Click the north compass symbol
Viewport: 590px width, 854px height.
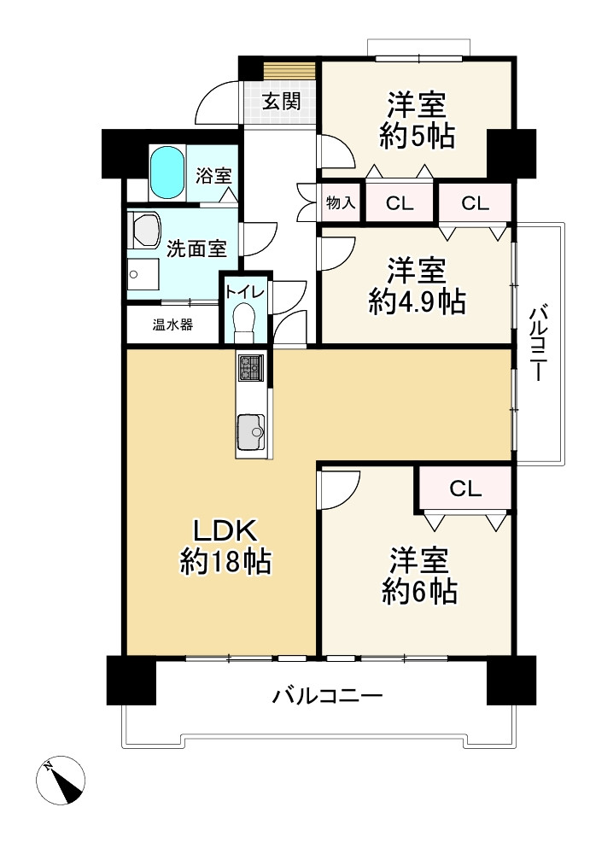[x=61, y=780]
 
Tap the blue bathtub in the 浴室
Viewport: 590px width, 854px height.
[x=167, y=173]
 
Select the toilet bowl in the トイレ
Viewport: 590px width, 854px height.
[x=243, y=320]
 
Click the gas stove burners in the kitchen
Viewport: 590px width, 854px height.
[x=250, y=367]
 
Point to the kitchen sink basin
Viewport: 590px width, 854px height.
[x=250, y=432]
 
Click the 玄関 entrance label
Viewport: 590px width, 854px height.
[x=281, y=102]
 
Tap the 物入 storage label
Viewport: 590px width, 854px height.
[x=341, y=203]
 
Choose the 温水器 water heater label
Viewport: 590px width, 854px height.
[x=172, y=325]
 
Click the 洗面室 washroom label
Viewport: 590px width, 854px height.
[x=196, y=249]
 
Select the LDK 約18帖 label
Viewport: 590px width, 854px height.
[x=225, y=545]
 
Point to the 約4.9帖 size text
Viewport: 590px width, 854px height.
[x=417, y=302]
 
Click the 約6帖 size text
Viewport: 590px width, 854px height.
[x=419, y=592]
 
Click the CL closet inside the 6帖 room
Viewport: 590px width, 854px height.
[x=465, y=488]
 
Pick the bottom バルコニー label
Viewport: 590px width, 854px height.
[x=327, y=696]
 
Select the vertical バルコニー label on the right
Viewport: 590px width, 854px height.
[x=539, y=343]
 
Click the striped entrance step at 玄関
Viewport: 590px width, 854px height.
[x=289, y=70]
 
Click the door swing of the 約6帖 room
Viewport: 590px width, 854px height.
[x=339, y=489]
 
